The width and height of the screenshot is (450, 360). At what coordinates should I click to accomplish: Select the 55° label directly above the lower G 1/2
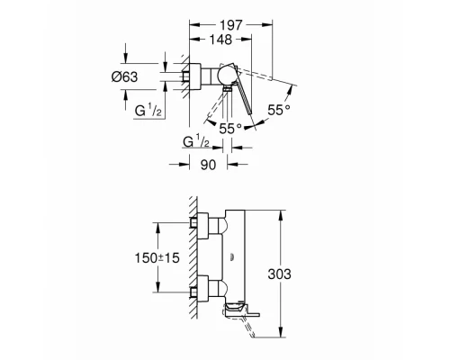pos(229,128)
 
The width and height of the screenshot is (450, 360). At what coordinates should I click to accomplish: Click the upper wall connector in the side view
pos(205,226)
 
